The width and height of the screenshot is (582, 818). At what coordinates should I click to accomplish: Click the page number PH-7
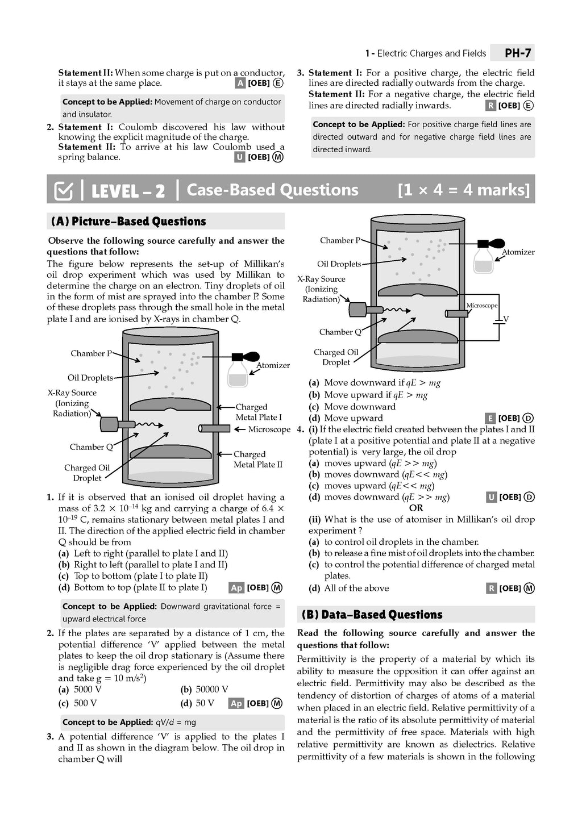[x=518, y=53]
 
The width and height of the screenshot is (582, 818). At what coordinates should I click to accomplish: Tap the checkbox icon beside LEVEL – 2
[x=63, y=191]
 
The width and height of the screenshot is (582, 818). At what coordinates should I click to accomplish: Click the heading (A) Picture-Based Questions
[x=128, y=222]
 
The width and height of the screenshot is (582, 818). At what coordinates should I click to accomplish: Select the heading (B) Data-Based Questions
[x=372, y=615]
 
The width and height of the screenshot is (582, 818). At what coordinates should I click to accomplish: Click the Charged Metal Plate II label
[x=257, y=460]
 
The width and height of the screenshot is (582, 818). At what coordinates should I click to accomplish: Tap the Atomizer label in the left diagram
[x=273, y=365]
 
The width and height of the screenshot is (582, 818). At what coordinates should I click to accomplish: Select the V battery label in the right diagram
[x=506, y=319]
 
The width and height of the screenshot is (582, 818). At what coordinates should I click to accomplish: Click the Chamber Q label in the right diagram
[x=340, y=332]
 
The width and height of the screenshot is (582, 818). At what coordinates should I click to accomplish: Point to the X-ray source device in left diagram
[x=109, y=424]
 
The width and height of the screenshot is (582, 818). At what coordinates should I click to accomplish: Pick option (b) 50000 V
[x=205, y=690]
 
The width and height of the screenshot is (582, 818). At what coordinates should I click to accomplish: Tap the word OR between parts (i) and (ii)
[x=416, y=508]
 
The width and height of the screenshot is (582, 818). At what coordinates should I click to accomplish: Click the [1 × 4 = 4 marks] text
[x=463, y=190]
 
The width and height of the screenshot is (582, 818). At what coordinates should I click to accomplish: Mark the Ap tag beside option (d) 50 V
[x=236, y=704]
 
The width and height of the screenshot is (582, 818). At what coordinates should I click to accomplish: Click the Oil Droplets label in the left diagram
[x=90, y=378]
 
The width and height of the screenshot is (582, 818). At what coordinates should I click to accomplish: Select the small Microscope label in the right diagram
[x=481, y=306]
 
